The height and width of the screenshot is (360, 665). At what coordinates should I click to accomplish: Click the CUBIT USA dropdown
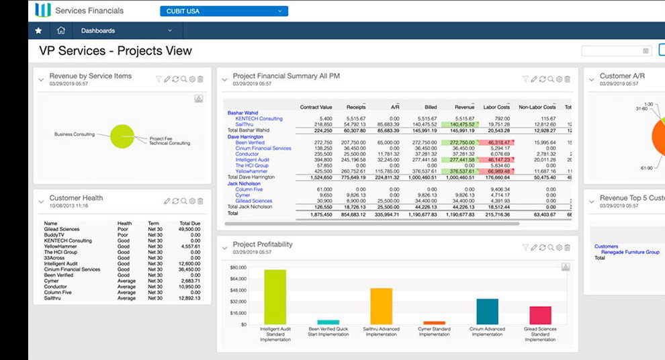(224, 11)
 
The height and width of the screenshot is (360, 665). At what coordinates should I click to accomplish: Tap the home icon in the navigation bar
(61, 30)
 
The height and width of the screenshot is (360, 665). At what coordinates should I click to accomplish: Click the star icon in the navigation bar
(38, 30)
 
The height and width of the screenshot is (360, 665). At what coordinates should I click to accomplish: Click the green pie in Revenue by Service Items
(122, 136)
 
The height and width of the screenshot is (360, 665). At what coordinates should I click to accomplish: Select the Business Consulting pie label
(75, 134)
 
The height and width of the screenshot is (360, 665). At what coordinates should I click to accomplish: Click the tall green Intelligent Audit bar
(275, 296)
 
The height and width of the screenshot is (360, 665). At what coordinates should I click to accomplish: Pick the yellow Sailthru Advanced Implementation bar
(381, 306)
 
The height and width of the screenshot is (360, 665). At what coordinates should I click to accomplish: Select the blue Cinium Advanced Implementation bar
(487, 312)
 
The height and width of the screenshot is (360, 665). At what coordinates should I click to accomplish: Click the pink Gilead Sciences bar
(540, 315)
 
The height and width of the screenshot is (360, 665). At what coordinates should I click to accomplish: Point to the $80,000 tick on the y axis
(238, 267)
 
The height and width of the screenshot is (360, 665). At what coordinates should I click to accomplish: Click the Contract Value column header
(316, 107)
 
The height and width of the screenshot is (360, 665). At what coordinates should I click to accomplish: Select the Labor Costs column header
(496, 107)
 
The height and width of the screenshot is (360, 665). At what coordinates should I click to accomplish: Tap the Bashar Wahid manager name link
(243, 113)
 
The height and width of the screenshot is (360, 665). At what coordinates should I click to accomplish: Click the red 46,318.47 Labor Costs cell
(498, 142)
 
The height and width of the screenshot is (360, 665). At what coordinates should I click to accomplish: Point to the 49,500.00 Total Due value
(191, 228)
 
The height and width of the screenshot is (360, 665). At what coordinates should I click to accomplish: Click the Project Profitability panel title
(262, 244)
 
